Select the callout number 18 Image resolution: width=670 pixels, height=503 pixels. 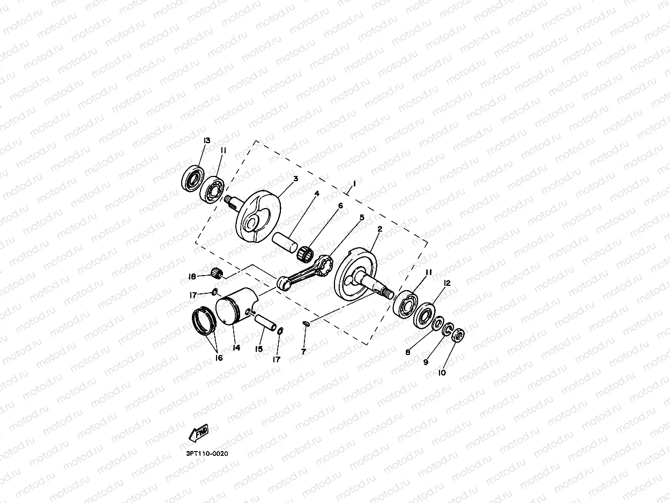click(x=192, y=277)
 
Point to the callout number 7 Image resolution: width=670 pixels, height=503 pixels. click(x=303, y=351)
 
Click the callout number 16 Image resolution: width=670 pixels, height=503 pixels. click(x=219, y=358)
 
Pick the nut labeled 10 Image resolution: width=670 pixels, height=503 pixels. click(x=458, y=336)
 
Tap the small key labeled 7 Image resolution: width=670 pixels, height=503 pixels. click(x=306, y=323)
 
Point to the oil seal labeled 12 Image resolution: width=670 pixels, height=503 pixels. click(x=426, y=315)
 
